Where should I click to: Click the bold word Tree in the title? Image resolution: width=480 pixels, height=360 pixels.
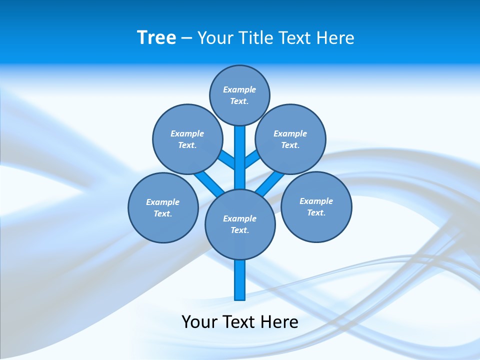click(156, 38)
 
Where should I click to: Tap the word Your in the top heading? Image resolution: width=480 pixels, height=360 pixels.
click(214, 38)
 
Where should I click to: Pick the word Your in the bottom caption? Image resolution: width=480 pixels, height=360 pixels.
click(199, 322)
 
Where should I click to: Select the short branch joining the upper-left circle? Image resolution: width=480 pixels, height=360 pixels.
click(227, 159)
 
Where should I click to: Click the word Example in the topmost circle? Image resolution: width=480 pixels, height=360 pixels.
click(239, 90)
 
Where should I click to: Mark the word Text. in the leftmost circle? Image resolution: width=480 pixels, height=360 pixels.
click(163, 214)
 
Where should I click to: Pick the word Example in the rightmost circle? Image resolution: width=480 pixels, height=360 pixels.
click(316, 201)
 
